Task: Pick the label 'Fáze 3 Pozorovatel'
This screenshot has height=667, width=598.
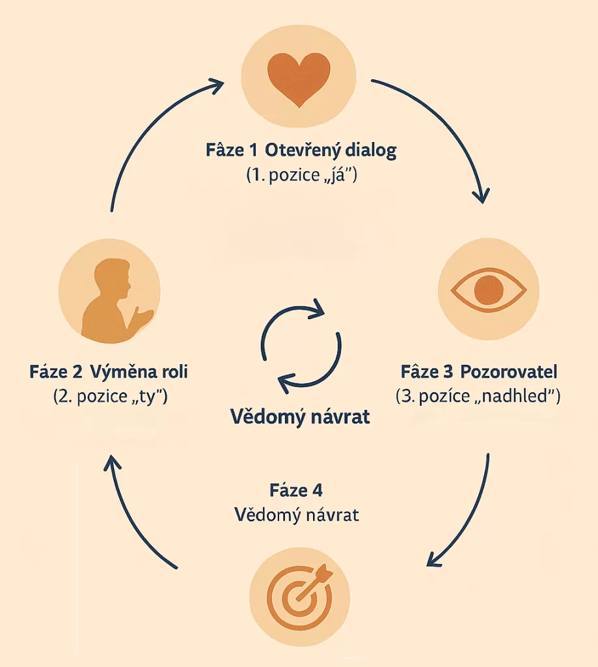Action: click(479, 373)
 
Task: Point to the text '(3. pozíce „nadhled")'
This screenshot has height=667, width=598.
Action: click(478, 395)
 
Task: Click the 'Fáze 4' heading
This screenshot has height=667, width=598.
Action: click(296, 490)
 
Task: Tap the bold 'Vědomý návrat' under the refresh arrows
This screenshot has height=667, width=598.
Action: click(301, 417)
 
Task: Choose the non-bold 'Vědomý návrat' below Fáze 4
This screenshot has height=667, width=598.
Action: click(297, 515)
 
